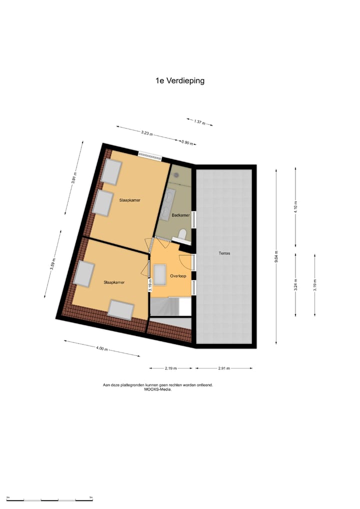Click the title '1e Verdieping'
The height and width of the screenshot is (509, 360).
click(179, 80)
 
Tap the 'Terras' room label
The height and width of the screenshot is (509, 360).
click(224, 253)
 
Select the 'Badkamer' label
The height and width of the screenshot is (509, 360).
click(180, 215)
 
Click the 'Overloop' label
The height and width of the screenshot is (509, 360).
click(178, 275)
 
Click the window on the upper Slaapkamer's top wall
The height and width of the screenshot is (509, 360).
click(150, 155)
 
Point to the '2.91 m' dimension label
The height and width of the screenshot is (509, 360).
click(223, 368)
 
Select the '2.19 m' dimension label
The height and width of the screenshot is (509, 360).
click(171, 368)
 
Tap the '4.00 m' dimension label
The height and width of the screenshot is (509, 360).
click(101, 349)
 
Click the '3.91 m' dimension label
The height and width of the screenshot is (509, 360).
click(74, 178)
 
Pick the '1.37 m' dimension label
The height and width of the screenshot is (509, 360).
click(199, 122)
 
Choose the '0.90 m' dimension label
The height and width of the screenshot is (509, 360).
click(187, 142)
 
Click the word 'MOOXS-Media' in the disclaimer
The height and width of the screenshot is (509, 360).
click(157, 389)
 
